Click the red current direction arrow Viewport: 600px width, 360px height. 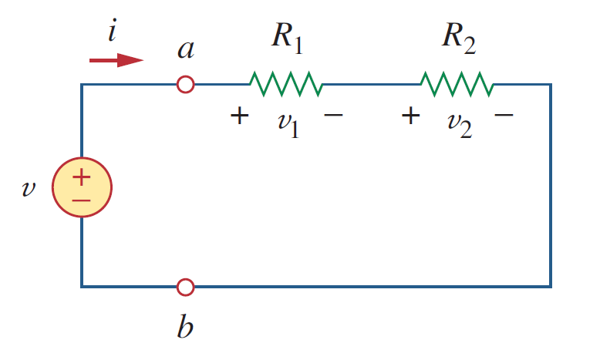[x=116, y=60]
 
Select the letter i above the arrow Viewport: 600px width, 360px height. [x=112, y=30]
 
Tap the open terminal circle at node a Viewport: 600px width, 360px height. [x=186, y=85]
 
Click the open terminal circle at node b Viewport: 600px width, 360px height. [x=186, y=287]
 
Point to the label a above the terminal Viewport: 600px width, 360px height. [x=186, y=50]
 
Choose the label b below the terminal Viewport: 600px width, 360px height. [x=185, y=326]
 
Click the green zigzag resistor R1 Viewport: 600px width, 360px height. [x=286, y=84]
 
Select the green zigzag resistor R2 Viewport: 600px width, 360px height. [x=457, y=84]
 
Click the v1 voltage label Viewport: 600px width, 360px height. [x=288, y=125]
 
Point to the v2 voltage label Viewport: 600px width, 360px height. [x=460, y=125]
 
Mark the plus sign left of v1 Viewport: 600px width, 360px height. [x=240, y=116]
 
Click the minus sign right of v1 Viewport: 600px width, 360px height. [x=333, y=114]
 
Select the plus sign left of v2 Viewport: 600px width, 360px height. [x=410, y=116]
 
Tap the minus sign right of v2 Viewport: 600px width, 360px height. [x=504, y=114]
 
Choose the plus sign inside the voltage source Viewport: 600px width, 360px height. [x=82, y=177]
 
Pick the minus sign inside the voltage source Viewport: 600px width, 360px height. [x=82, y=200]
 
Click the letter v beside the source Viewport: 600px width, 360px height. [x=29, y=188]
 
